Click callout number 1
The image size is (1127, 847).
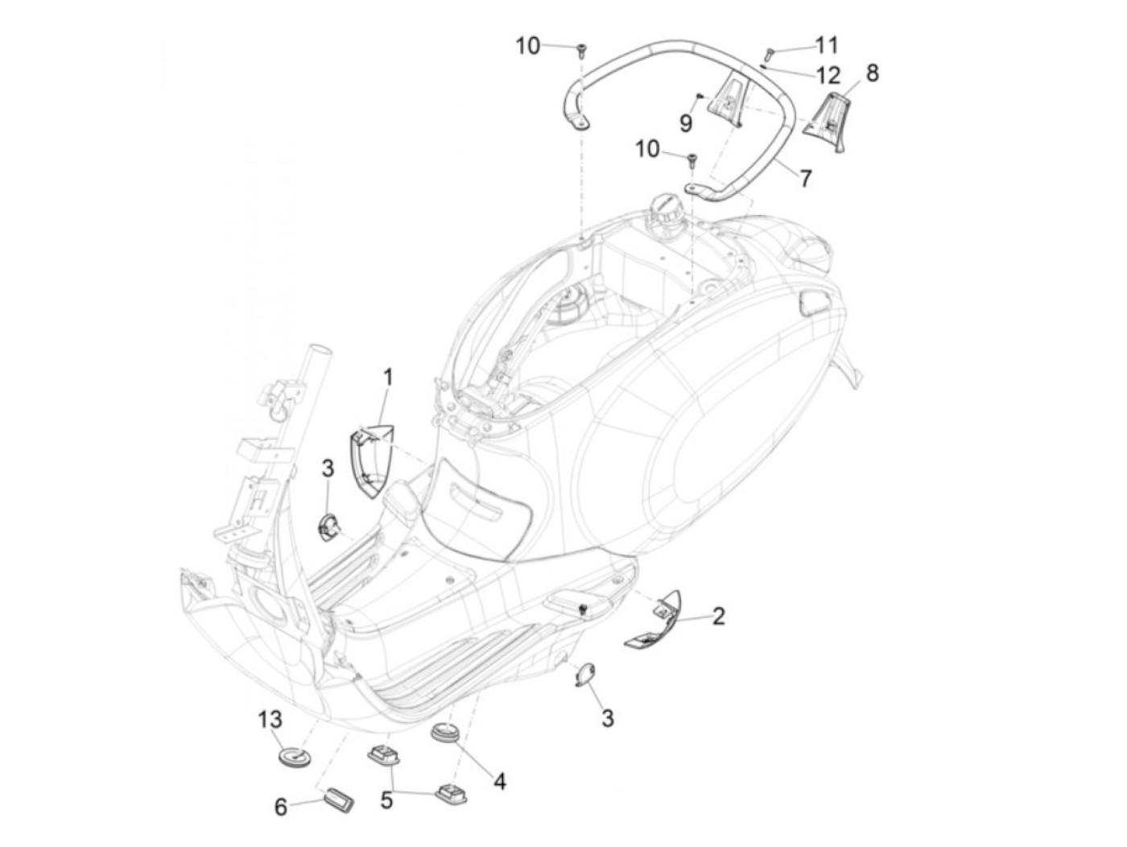(388, 377)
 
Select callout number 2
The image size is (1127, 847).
(718, 616)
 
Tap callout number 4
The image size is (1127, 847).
(500, 780)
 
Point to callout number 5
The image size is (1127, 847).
(386, 802)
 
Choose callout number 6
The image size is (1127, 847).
(281, 806)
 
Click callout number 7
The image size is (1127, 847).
(806, 178)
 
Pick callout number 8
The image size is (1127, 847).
(872, 72)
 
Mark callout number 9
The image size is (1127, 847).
(686, 122)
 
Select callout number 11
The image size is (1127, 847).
(826, 45)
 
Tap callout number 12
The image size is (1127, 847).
(828, 76)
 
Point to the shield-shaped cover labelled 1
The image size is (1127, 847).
(370, 463)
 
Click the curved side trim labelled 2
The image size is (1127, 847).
(654, 618)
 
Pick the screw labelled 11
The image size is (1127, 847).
(766, 55)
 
